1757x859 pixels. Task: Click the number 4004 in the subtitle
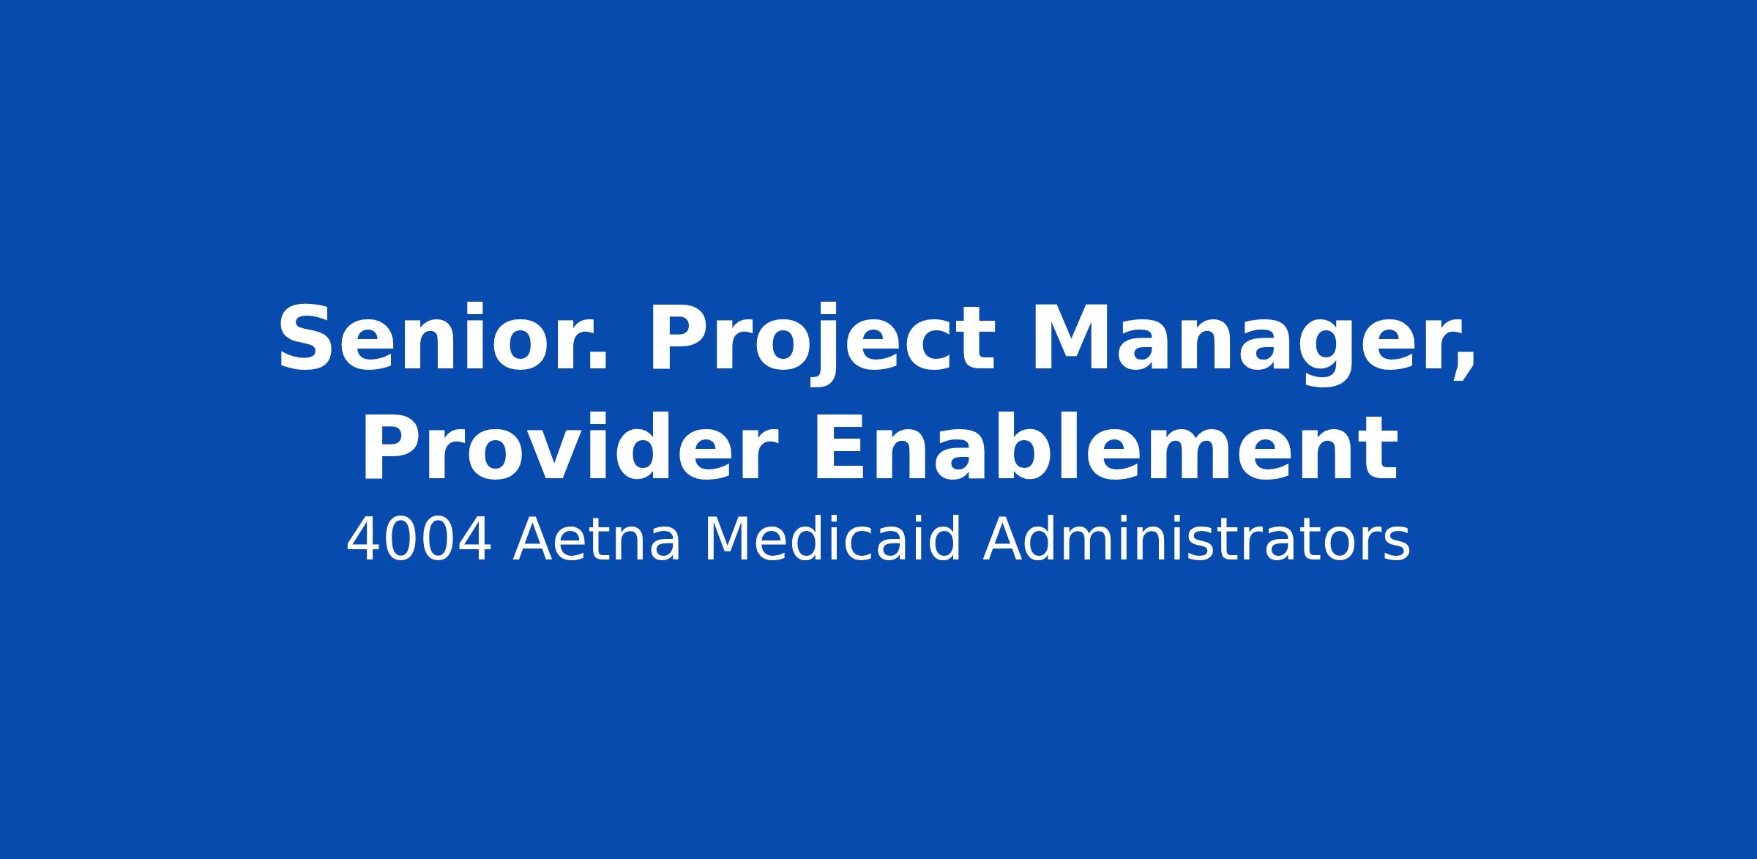click(x=418, y=540)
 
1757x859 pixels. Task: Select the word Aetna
click(x=597, y=540)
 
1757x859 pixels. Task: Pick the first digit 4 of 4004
click(x=364, y=540)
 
